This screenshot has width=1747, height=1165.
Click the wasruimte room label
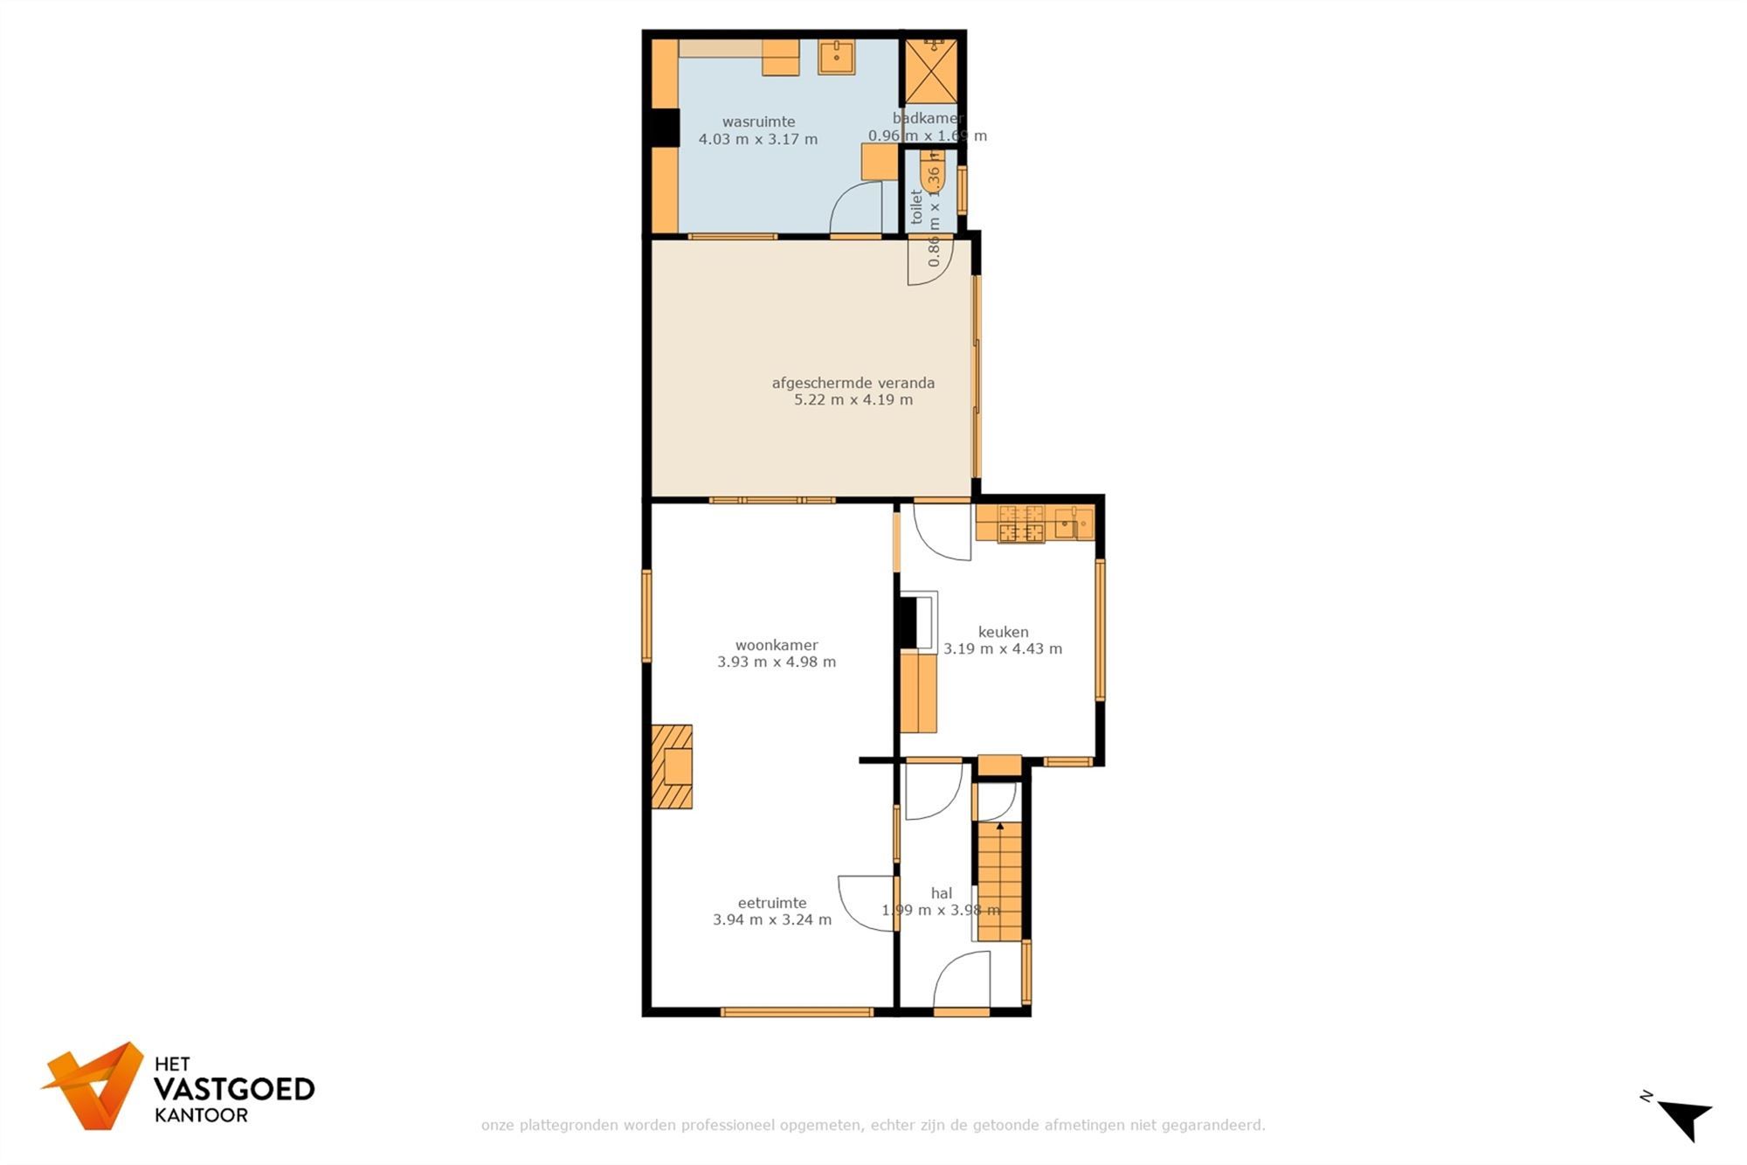point(758,122)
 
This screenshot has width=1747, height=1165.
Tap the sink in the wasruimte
point(836,57)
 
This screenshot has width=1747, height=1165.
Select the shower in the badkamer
point(930,71)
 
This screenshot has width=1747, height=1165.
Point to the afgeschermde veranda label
point(853,383)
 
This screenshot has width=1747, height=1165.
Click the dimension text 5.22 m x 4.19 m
point(853,400)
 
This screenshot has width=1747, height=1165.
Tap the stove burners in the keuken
point(1021,524)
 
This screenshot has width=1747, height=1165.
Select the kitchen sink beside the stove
point(1073,524)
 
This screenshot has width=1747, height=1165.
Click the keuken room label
point(1003,632)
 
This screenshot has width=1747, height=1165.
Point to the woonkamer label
point(776,646)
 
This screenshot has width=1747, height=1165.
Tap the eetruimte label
point(771,903)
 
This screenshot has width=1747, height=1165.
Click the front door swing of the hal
point(962,981)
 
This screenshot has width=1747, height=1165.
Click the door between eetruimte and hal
point(867,903)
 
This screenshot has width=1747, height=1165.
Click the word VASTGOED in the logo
point(233,1089)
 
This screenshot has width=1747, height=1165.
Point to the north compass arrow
point(1685,1120)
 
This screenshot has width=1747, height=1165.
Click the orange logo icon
point(96,1085)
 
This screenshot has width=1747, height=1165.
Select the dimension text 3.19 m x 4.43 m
point(1003,649)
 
